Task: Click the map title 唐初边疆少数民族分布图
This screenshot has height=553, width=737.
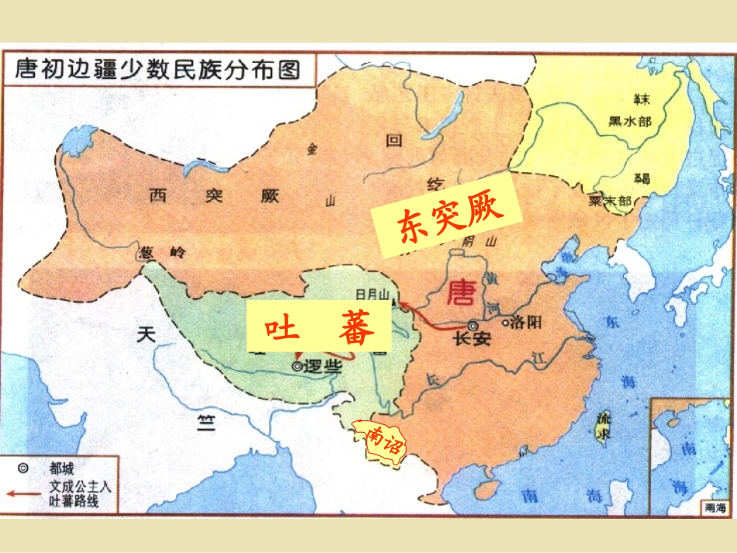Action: click(x=157, y=70)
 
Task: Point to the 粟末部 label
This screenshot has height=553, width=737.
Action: click(x=611, y=200)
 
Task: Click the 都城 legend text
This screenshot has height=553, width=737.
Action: click(x=62, y=468)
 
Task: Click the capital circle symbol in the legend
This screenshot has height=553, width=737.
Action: click(x=23, y=468)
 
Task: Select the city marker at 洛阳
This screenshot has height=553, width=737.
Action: click(x=506, y=322)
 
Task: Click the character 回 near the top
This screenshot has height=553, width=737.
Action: click(x=395, y=142)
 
